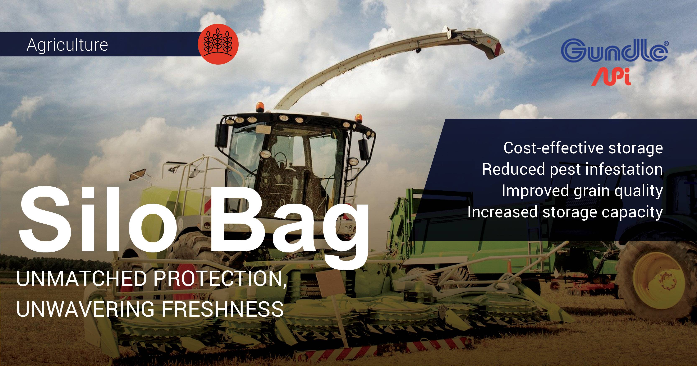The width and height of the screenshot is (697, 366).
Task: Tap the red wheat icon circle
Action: click(x=218, y=44)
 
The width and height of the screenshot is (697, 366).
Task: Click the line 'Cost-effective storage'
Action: click(x=583, y=148)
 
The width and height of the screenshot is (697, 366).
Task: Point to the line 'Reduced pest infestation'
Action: click(x=572, y=170)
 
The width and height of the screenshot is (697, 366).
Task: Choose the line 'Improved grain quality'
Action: click(x=582, y=191)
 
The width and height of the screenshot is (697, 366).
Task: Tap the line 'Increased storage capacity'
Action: click(x=565, y=212)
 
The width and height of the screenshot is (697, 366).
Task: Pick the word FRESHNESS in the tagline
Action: click(x=223, y=309)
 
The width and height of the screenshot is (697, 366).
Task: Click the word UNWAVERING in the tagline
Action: click(x=85, y=309)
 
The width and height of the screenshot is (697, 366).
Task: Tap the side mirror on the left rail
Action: click(x=137, y=174)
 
